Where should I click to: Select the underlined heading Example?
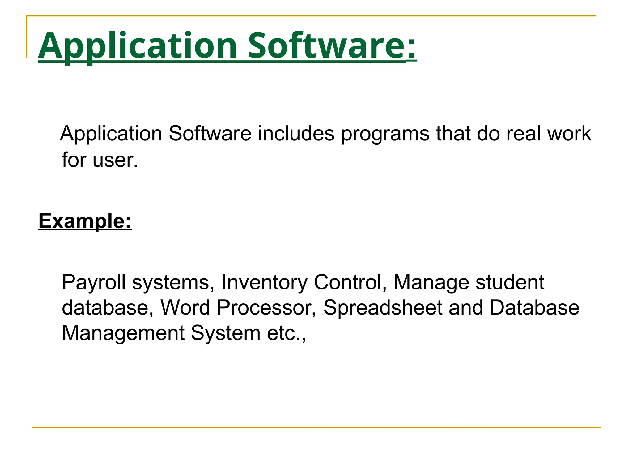(x=85, y=221)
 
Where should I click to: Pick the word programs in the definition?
(x=385, y=134)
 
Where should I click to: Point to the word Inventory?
(x=264, y=282)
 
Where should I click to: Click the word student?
(x=510, y=282)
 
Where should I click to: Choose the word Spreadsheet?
(x=383, y=308)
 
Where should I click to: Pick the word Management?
(x=123, y=333)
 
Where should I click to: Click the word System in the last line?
(x=226, y=333)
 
